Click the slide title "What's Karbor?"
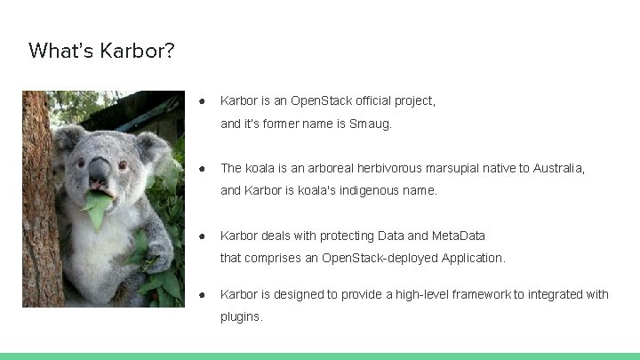(x=101, y=50)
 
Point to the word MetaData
(x=458, y=236)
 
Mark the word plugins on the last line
(x=240, y=316)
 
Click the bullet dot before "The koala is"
(x=203, y=168)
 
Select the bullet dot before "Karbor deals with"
(x=203, y=236)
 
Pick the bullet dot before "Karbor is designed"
(x=203, y=294)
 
